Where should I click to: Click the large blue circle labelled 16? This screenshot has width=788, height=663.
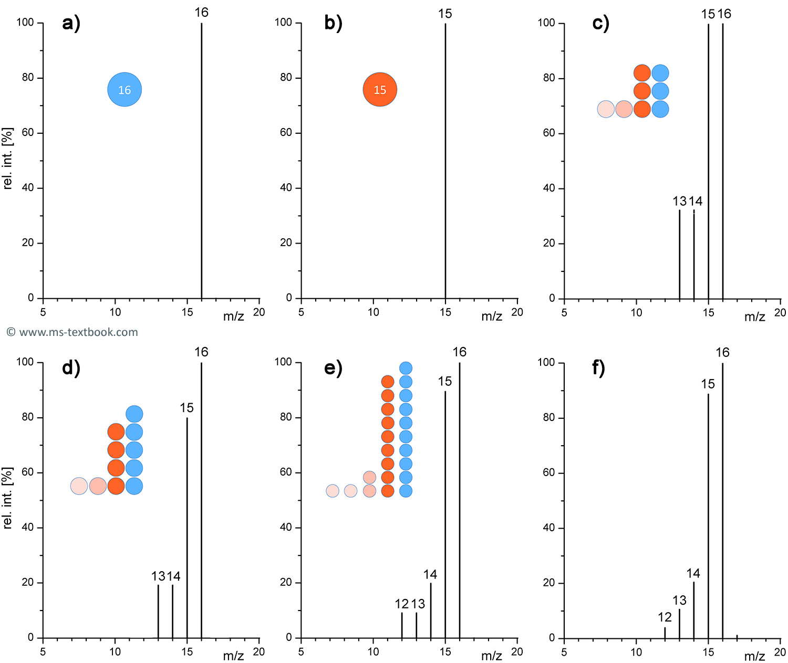[x=125, y=90]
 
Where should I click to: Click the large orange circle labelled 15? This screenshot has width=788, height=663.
[x=380, y=90]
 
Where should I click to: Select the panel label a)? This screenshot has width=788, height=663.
[x=71, y=24]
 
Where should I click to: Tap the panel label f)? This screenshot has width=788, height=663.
[x=598, y=368]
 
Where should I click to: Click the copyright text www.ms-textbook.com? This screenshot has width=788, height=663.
[x=72, y=332]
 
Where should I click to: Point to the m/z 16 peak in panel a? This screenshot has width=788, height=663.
[x=201, y=157]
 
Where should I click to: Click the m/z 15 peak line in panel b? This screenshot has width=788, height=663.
[x=445, y=157]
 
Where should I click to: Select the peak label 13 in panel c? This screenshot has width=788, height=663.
[x=679, y=201]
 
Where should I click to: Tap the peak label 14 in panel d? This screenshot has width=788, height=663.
[x=174, y=576]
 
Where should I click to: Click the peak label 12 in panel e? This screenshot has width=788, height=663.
[x=401, y=604]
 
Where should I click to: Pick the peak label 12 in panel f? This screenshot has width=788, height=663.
[x=665, y=617]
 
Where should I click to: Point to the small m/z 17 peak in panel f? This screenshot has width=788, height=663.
[x=737, y=636]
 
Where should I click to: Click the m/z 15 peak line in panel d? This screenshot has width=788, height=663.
[x=187, y=525]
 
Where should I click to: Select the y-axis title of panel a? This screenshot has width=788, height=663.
[x=8, y=158]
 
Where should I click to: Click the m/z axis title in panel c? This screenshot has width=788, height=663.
[x=754, y=317]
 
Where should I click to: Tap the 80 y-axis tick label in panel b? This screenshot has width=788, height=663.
[x=286, y=78]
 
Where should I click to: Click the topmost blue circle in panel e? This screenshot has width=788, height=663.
[x=406, y=368]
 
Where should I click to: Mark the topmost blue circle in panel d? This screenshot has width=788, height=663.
[x=134, y=414]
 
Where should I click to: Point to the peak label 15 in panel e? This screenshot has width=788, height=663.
[x=445, y=382]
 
